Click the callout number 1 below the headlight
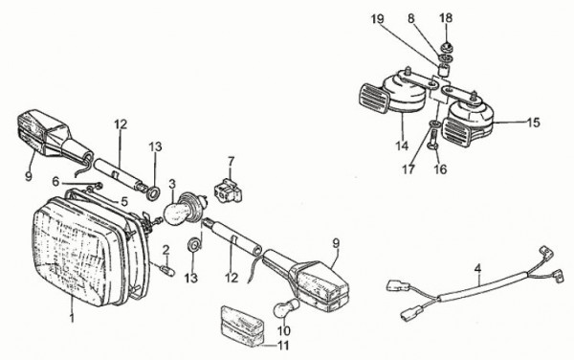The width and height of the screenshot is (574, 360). (x=72, y=317)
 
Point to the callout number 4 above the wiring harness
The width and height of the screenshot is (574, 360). (x=477, y=268)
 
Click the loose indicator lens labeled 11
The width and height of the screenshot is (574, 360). (x=242, y=326)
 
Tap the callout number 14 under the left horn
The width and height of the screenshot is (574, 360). (x=402, y=146)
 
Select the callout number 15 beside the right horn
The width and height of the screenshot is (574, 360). (x=534, y=123)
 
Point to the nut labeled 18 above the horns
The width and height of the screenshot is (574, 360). (x=446, y=47)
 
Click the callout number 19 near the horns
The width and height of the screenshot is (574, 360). (x=378, y=19)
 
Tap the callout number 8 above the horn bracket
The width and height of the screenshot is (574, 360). (x=411, y=18)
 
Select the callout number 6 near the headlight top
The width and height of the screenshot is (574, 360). (x=55, y=181)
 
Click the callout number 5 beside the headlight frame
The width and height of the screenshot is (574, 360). (x=124, y=201)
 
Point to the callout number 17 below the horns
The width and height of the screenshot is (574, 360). (x=408, y=169)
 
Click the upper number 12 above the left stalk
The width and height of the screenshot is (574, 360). (x=121, y=124)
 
